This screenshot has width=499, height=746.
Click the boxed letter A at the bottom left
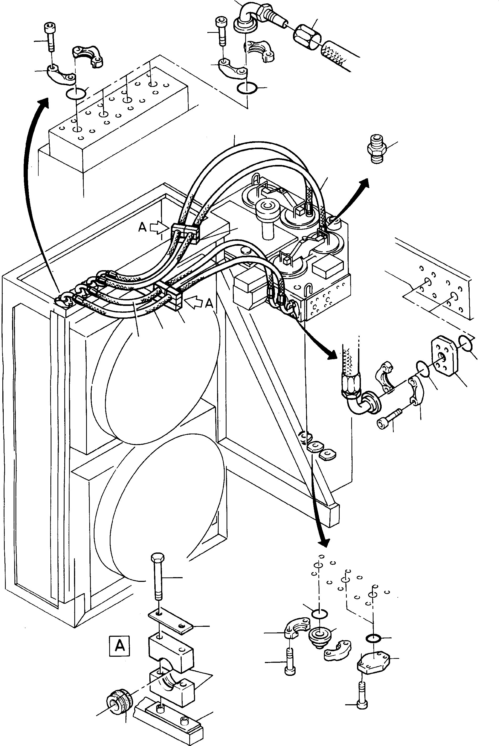click(119, 646)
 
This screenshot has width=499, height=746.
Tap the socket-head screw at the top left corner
click(49, 36)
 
